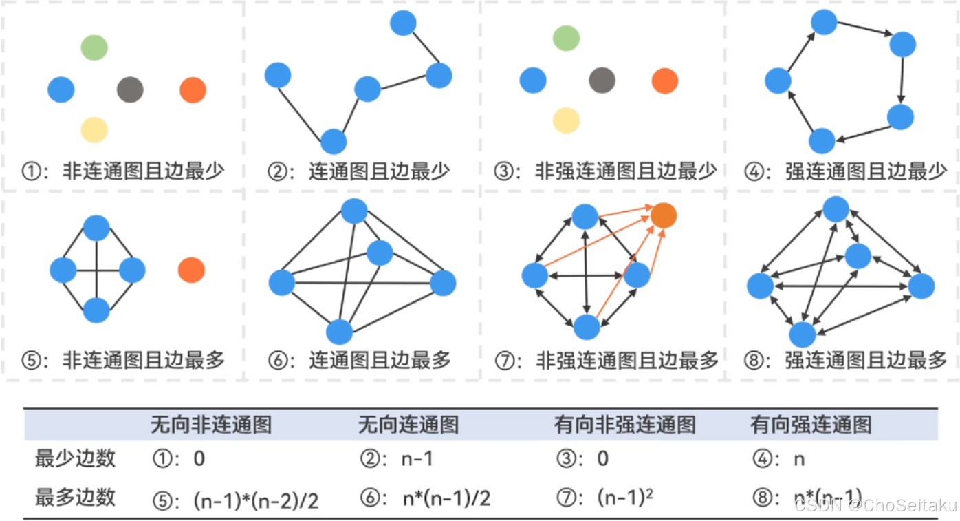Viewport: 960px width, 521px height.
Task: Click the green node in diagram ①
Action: pos(94,47)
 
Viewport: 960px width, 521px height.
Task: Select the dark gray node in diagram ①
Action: pos(130,89)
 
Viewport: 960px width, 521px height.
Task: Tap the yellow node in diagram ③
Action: pos(566,120)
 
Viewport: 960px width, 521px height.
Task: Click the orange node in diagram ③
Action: pos(665,81)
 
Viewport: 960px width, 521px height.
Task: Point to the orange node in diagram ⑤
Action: pos(191,270)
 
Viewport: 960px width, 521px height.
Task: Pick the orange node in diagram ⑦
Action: pos(664,215)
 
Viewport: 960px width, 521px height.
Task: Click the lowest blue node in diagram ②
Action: pos(334,141)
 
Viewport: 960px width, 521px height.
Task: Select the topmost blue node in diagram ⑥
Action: pos(354,211)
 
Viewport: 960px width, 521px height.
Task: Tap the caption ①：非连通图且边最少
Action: pos(123,170)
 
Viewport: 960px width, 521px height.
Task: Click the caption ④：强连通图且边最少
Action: pos(845,171)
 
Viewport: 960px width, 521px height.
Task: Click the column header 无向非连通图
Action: pos(210,425)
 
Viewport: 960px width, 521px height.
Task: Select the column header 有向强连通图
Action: pos(811,425)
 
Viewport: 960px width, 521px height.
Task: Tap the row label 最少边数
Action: pos(75,458)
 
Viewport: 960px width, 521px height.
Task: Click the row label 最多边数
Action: pos(75,497)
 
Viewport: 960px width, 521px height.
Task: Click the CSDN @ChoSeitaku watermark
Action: pos(875,506)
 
